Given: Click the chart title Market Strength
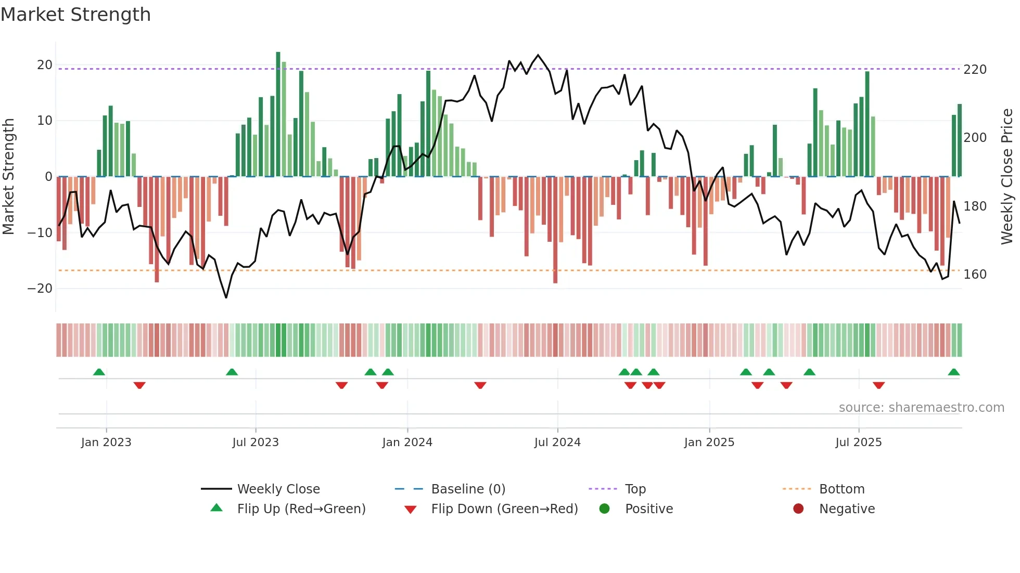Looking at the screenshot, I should coord(75,15).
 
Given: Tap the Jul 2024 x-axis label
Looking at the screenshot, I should coord(557,442).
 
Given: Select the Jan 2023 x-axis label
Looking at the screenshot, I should coord(106,442).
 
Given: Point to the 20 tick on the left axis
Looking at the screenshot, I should coord(45,65).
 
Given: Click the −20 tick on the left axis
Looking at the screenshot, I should coord(41,289).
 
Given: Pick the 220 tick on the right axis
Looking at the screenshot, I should coord(975,70).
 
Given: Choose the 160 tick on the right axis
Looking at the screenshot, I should coord(975,275).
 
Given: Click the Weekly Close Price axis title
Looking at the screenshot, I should coord(1007,177).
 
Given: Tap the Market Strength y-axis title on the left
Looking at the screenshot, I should coord(9,177).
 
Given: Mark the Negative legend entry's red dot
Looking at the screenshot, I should coord(798,509).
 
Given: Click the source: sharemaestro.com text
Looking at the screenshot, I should coord(921,408).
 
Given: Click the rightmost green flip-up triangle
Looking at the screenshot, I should coord(953,372).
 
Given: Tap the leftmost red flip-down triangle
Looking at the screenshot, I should coord(139,385).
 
